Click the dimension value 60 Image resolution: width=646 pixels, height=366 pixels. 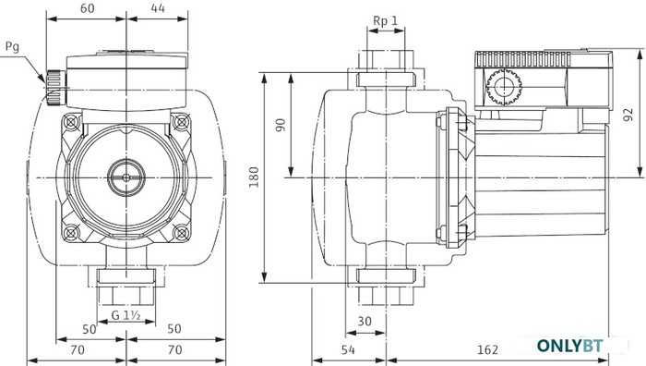(x=87, y=8)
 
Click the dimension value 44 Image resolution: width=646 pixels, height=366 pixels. (x=158, y=8)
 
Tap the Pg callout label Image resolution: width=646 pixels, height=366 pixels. (x=12, y=47)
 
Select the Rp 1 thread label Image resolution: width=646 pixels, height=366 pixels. (x=386, y=20)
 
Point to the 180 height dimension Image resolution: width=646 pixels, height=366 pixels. (x=254, y=177)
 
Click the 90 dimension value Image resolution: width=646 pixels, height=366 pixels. (x=281, y=125)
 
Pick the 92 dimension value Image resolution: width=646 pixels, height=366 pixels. (x=628, y=115)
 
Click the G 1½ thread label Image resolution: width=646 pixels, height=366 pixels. (x=126, y=316)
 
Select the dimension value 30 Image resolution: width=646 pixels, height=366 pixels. (x=365, y=321)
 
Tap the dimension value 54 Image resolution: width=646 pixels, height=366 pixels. (x=348, y=350)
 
